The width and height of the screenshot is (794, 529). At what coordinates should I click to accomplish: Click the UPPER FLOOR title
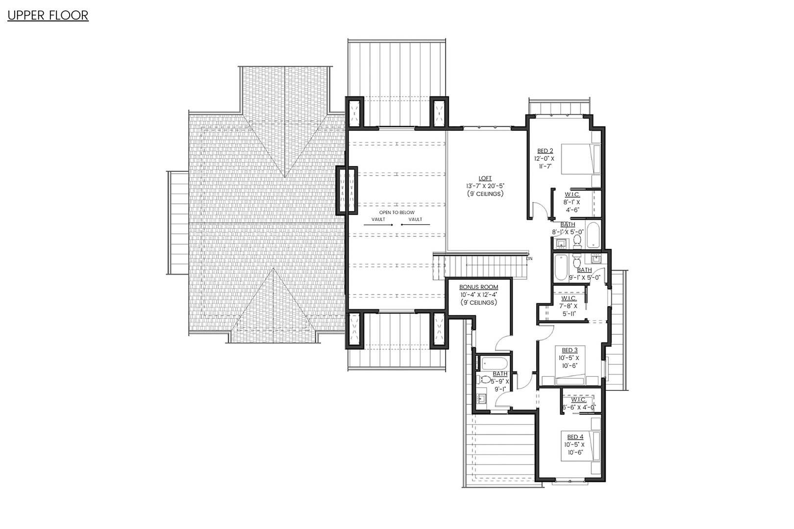pos(48,16)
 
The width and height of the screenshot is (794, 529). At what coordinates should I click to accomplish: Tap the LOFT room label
pos(485,178)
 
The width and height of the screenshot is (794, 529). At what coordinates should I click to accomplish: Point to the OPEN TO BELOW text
pos(397,213)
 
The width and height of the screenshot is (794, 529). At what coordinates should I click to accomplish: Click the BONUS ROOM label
pos(478,287)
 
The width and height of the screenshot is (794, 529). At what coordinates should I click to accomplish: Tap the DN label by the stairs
pos(529,258)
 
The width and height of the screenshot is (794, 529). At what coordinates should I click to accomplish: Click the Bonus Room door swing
pos(502,342)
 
